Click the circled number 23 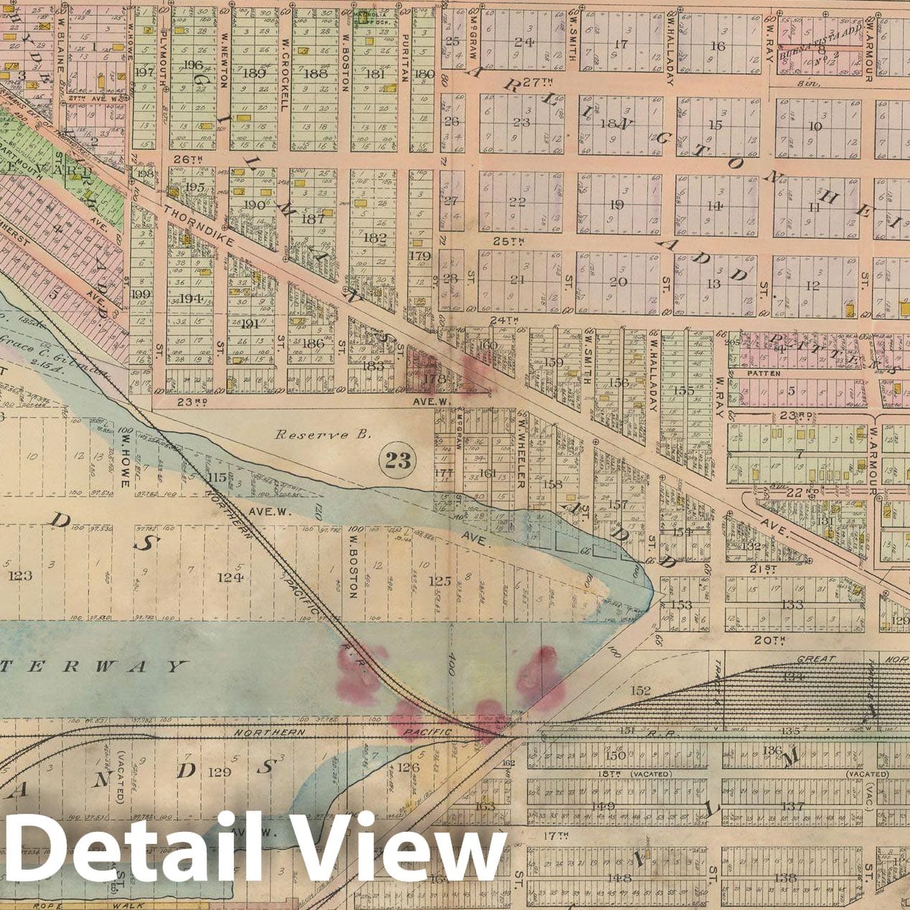[398, 461]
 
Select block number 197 [144, 72]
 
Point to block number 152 [640, 690]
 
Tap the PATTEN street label [763, 373]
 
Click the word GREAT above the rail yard [817, 659]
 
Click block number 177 [445, 472]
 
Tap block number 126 [408, 768]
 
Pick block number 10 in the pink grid [815, 126]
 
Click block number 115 [217, 477]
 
